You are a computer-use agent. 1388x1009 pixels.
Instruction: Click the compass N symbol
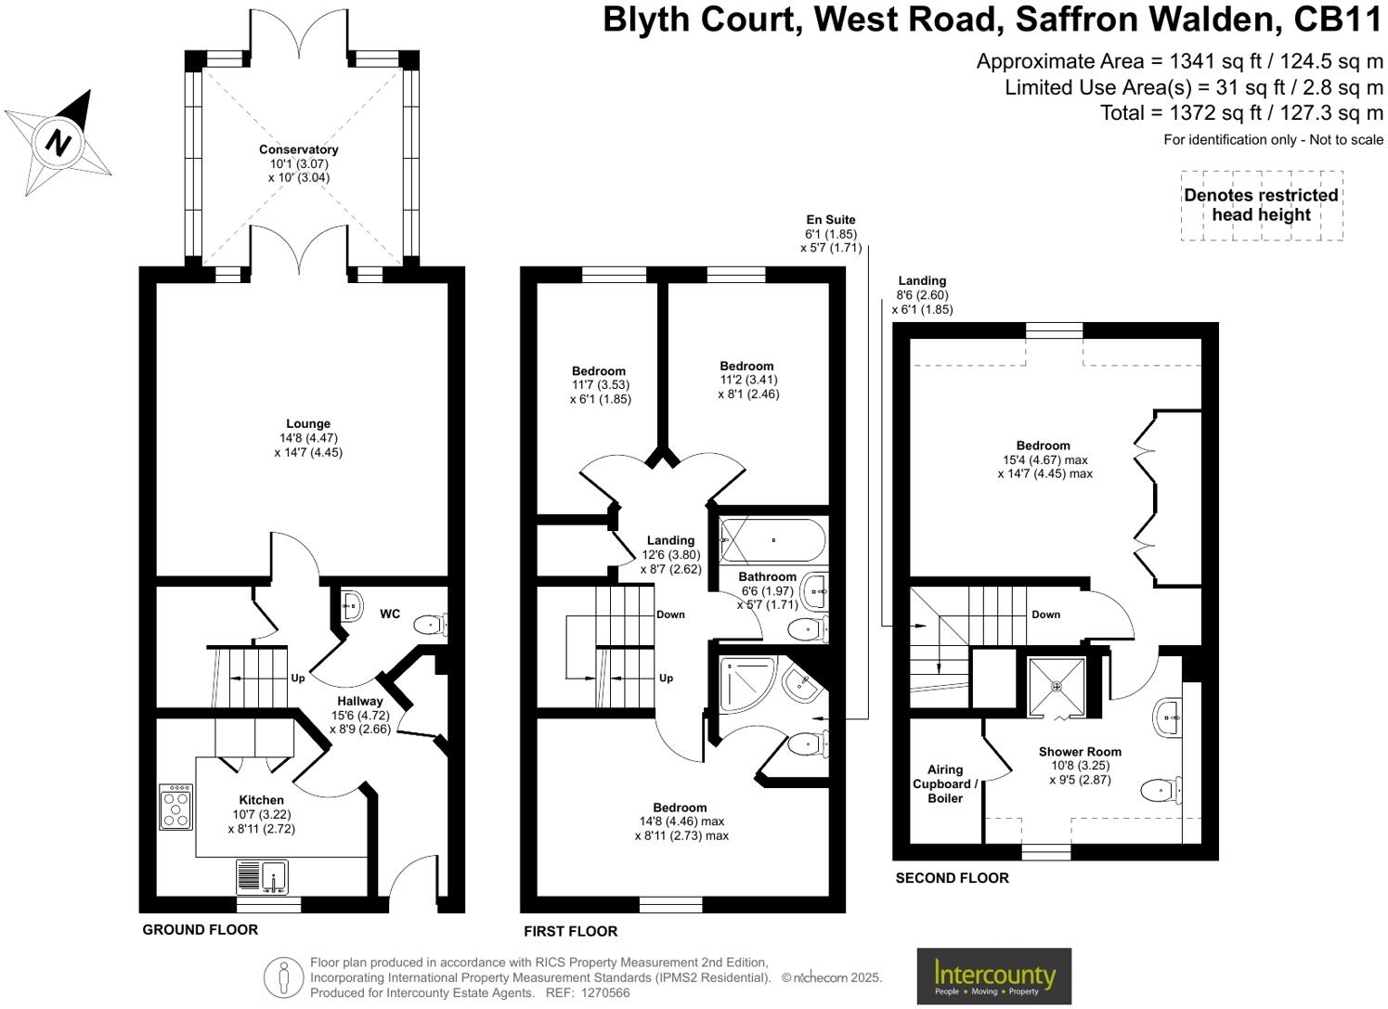[x=59, y=143]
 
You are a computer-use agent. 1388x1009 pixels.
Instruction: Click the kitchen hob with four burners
[x=176, y=807]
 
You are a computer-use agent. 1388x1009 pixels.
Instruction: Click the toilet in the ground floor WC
[x=430, y=624]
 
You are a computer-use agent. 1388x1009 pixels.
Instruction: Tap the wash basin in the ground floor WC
[x=352, y=605]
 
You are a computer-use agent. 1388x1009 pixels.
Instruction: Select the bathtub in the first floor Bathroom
[x=772, y=540]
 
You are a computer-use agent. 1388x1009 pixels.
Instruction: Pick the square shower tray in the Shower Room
[x=1057, y=687]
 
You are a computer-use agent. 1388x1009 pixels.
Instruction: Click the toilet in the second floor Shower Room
[x=1160, y=790]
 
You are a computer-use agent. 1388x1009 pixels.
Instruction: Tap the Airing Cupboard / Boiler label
[x=945, y=783]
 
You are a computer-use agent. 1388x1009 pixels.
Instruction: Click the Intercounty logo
[x=993, y=977]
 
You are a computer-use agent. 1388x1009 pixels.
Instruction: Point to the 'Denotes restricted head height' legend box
[x=1261, y=205]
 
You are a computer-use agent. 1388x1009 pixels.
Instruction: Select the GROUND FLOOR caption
[x=201, y=929]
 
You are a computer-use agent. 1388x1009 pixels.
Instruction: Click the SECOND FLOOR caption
[x=952, y=877]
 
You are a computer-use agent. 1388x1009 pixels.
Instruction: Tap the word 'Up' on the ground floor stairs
[x=298, y=679]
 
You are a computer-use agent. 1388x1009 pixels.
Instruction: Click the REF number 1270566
[x=604, y=992]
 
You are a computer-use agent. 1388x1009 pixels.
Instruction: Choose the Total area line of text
[x=1241, y=113]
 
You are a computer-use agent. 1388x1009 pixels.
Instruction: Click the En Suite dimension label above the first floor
[x=831, y=234]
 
